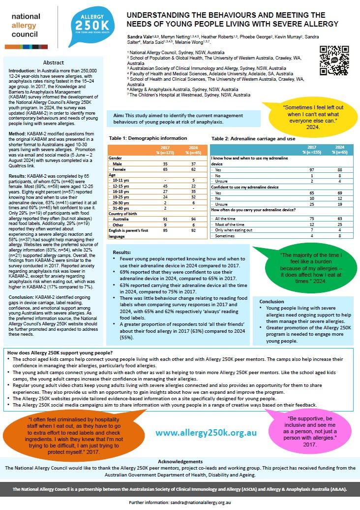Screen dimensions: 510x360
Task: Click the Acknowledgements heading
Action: click(x=180, y=462)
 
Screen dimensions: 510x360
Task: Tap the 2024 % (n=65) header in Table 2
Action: click(x=339, y=149)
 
